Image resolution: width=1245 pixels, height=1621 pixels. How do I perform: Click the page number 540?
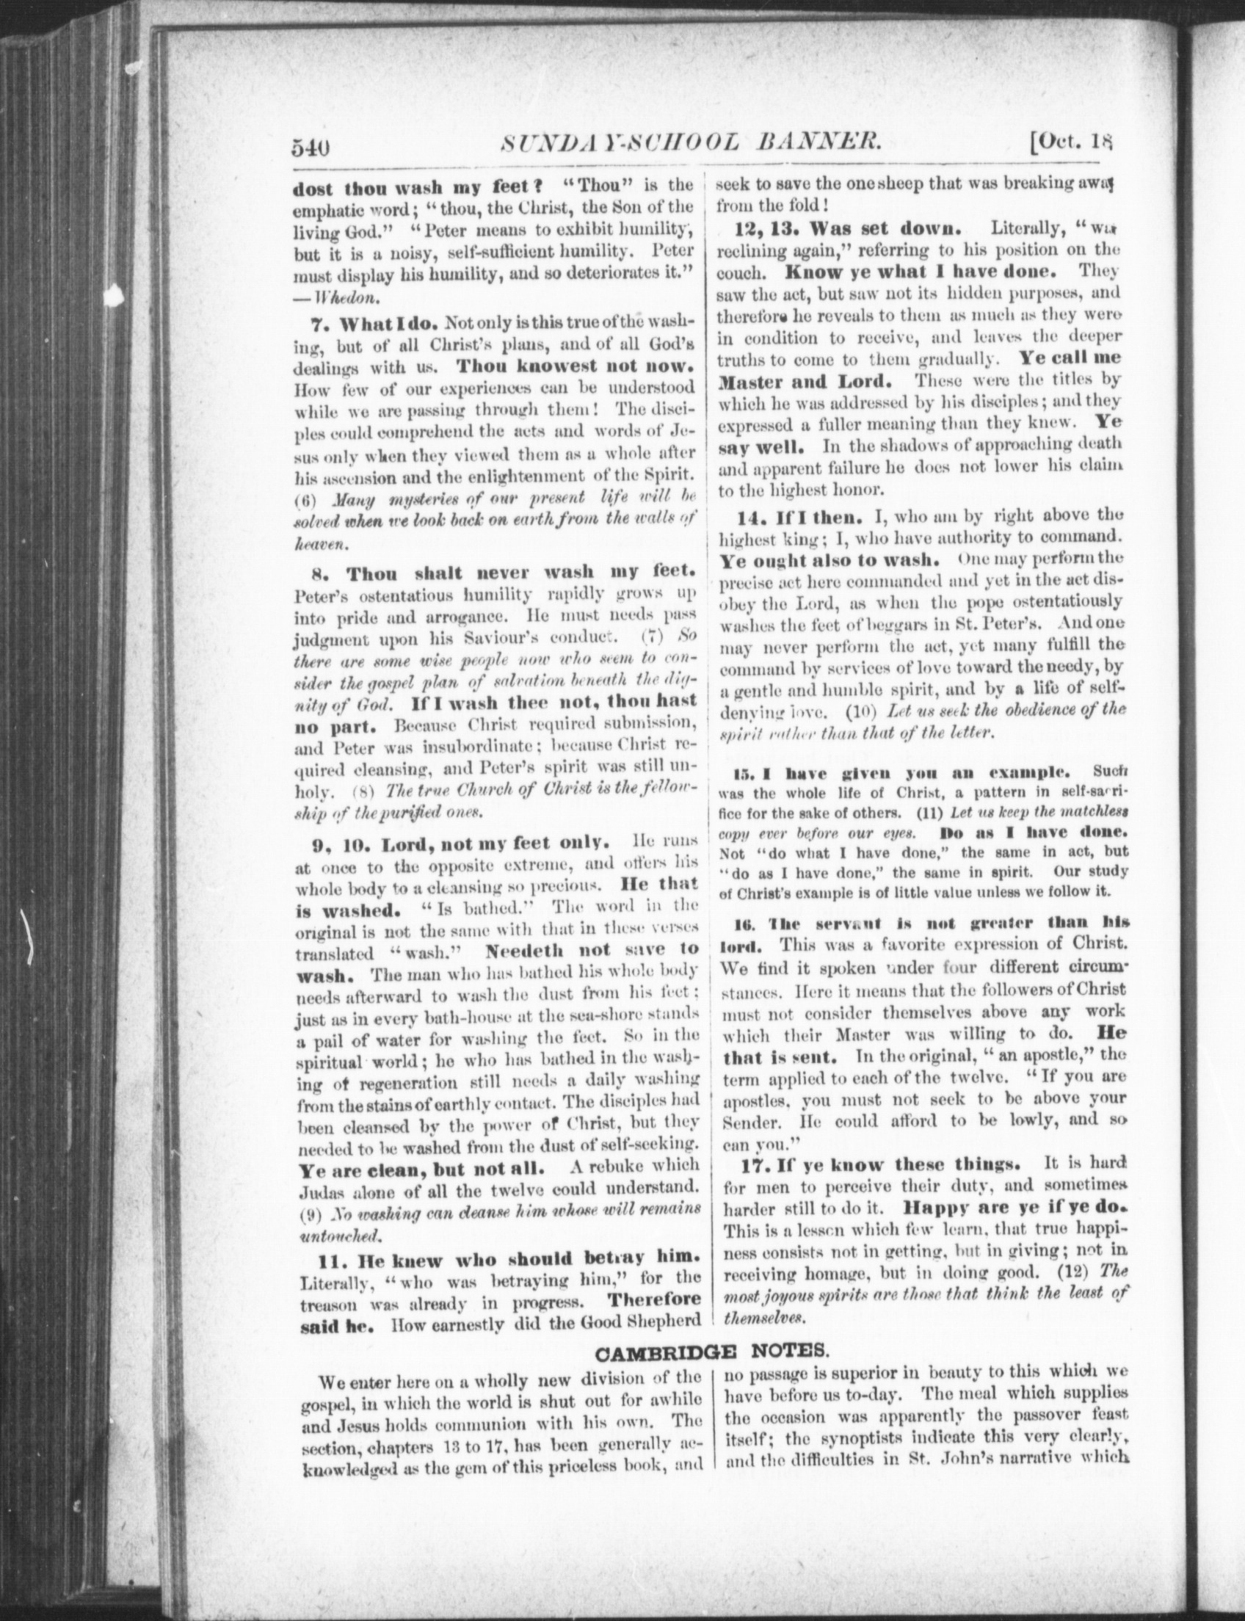tap(309, 148)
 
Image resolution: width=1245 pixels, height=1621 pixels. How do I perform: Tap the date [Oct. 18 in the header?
tap(1071, 142)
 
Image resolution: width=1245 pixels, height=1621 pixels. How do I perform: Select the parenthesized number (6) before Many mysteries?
tap(306, 498)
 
